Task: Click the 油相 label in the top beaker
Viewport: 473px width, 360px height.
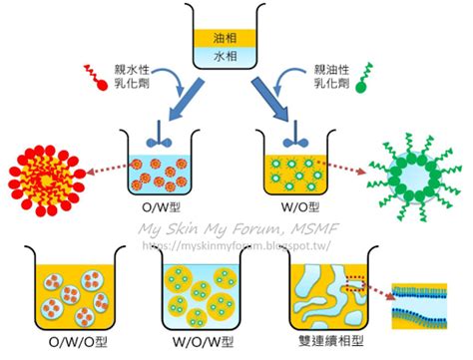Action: [226, 38]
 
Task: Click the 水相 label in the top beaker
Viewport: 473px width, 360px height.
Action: [226, 56]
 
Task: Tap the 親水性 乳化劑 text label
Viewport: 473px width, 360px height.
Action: [132, 76]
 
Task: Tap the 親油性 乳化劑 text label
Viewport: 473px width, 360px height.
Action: [332, 76]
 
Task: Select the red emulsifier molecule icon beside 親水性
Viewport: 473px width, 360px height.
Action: [96, 77]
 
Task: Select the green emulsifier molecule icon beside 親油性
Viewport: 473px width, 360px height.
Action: [364, 78]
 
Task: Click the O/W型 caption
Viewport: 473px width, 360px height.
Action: [162, 207]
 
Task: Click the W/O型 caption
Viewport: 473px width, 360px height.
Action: [300, 207]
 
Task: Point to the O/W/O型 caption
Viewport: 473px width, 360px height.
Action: [78, 342]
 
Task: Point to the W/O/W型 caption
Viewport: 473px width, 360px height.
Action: [204, 342]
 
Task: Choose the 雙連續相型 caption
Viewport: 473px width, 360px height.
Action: [330, 341]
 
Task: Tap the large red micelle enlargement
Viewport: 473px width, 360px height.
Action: [46, 180]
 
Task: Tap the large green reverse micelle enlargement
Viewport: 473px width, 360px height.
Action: [415, 178]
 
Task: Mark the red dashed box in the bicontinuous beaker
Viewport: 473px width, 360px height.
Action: [356, 283]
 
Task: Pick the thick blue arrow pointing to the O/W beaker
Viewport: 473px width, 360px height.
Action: [186, 100]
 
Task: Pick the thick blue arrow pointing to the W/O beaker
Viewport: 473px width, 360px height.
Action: [269, 99]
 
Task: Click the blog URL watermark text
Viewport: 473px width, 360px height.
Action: [236, 245]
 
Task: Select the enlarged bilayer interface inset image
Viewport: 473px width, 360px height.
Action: [419, 306]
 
